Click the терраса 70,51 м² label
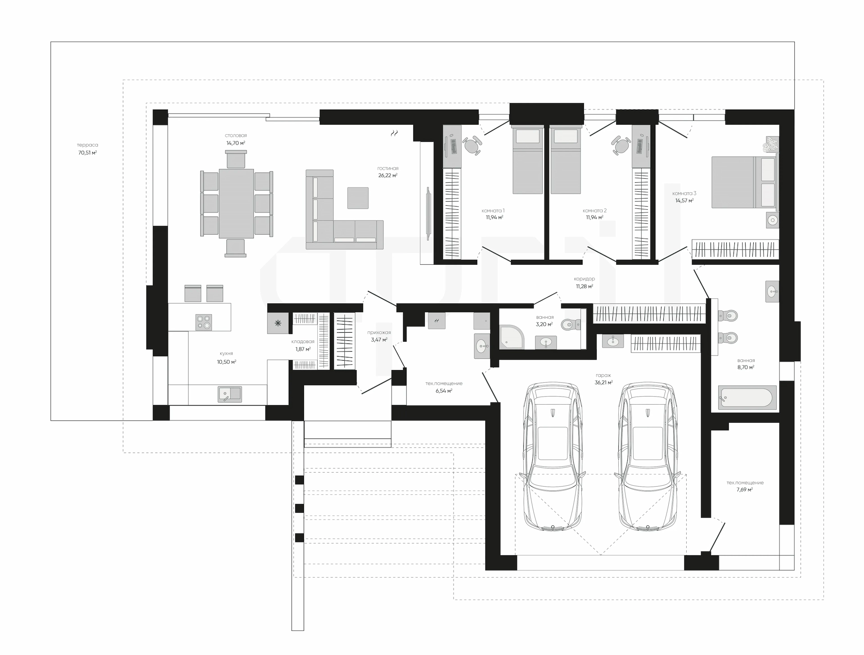tap(87, 149)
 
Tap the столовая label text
tap(236, 136)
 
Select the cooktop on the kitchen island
tap(204, 322)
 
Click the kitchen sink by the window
tap(229, 394)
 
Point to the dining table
tap(236, 203)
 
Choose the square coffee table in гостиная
tap(358, 198)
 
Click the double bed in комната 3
tap(744, 182)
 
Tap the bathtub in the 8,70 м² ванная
tap(747, 398)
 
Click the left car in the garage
tap(553, 457)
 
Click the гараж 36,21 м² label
tap(603, 379)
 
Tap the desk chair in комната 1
tap(472, 145)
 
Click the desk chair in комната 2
tap(621, 145)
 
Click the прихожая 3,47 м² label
tap(379, 336)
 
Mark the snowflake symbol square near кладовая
tap(278, 323)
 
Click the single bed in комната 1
tap(527, 160)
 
